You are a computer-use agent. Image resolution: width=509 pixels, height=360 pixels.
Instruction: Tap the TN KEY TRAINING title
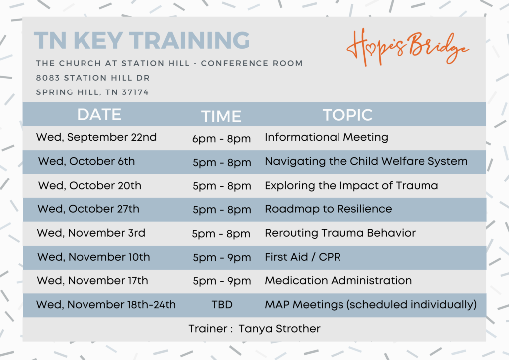pos(142,41)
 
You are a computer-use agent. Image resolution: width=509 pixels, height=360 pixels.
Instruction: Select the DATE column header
pos(99,114)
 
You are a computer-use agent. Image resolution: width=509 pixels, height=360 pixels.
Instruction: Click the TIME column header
pos(221,116)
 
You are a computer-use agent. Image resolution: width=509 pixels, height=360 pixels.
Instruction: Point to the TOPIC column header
pos(347,115)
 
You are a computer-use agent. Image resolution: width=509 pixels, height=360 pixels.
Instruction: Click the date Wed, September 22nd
pos(96,137)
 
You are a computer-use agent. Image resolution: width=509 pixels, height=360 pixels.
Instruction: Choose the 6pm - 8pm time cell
pos(221,139)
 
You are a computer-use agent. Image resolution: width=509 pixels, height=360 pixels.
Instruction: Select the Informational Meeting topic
pos(327,137)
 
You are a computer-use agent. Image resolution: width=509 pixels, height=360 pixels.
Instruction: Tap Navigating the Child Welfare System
pos(366,161)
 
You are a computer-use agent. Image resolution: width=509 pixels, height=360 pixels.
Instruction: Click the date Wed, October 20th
pos(89,185)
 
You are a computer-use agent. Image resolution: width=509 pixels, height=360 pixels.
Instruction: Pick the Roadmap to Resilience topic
pos(329,209)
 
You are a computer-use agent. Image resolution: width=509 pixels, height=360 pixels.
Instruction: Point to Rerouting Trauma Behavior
pos(340,233)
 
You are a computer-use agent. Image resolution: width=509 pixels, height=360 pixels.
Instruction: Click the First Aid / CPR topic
pos(303,257)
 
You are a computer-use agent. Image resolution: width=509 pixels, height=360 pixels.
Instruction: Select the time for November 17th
pos(222,281)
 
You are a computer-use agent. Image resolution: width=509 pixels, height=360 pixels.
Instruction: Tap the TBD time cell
pos(222,305)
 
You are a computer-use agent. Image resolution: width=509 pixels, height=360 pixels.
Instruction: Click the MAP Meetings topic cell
pos(371,305)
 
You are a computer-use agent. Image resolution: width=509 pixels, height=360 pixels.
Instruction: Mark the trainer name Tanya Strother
pos(279,329)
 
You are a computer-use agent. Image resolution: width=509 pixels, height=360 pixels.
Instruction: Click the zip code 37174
pos(135,92)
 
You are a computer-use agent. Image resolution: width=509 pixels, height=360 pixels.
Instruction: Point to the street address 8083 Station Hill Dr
pos(93,78)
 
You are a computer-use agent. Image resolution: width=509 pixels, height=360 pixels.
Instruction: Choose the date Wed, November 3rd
pos(91,233)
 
